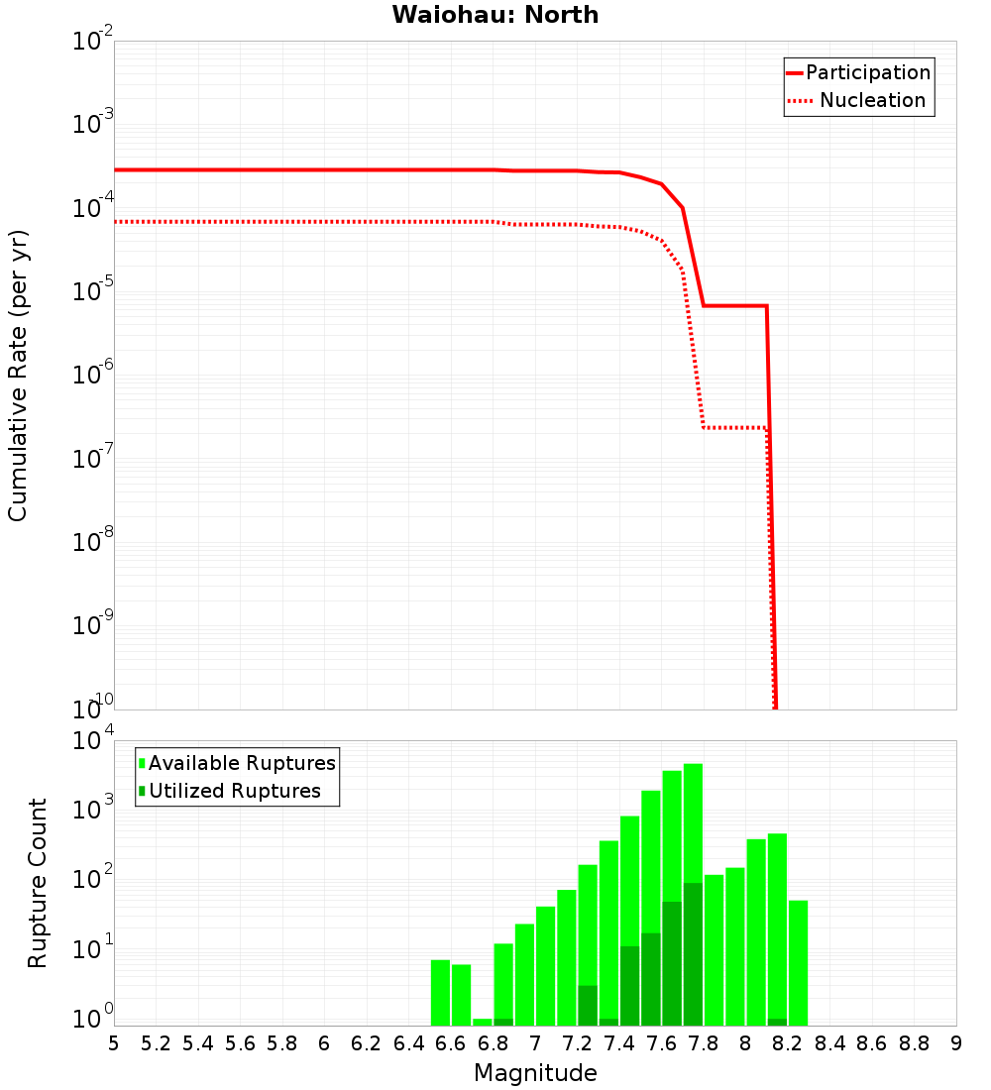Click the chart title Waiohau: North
point(495,15)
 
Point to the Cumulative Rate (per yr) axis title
point(18,376)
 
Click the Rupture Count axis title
point(38,883)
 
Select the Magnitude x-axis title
point(535,1073)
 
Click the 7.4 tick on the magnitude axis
point(619,1043)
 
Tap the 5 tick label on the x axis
point(114,1043)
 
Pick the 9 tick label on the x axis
point(956,1043)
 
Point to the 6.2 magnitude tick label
point(367,1043)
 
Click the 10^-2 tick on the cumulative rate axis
point(93,43)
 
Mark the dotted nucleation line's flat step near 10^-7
point(734,427)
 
